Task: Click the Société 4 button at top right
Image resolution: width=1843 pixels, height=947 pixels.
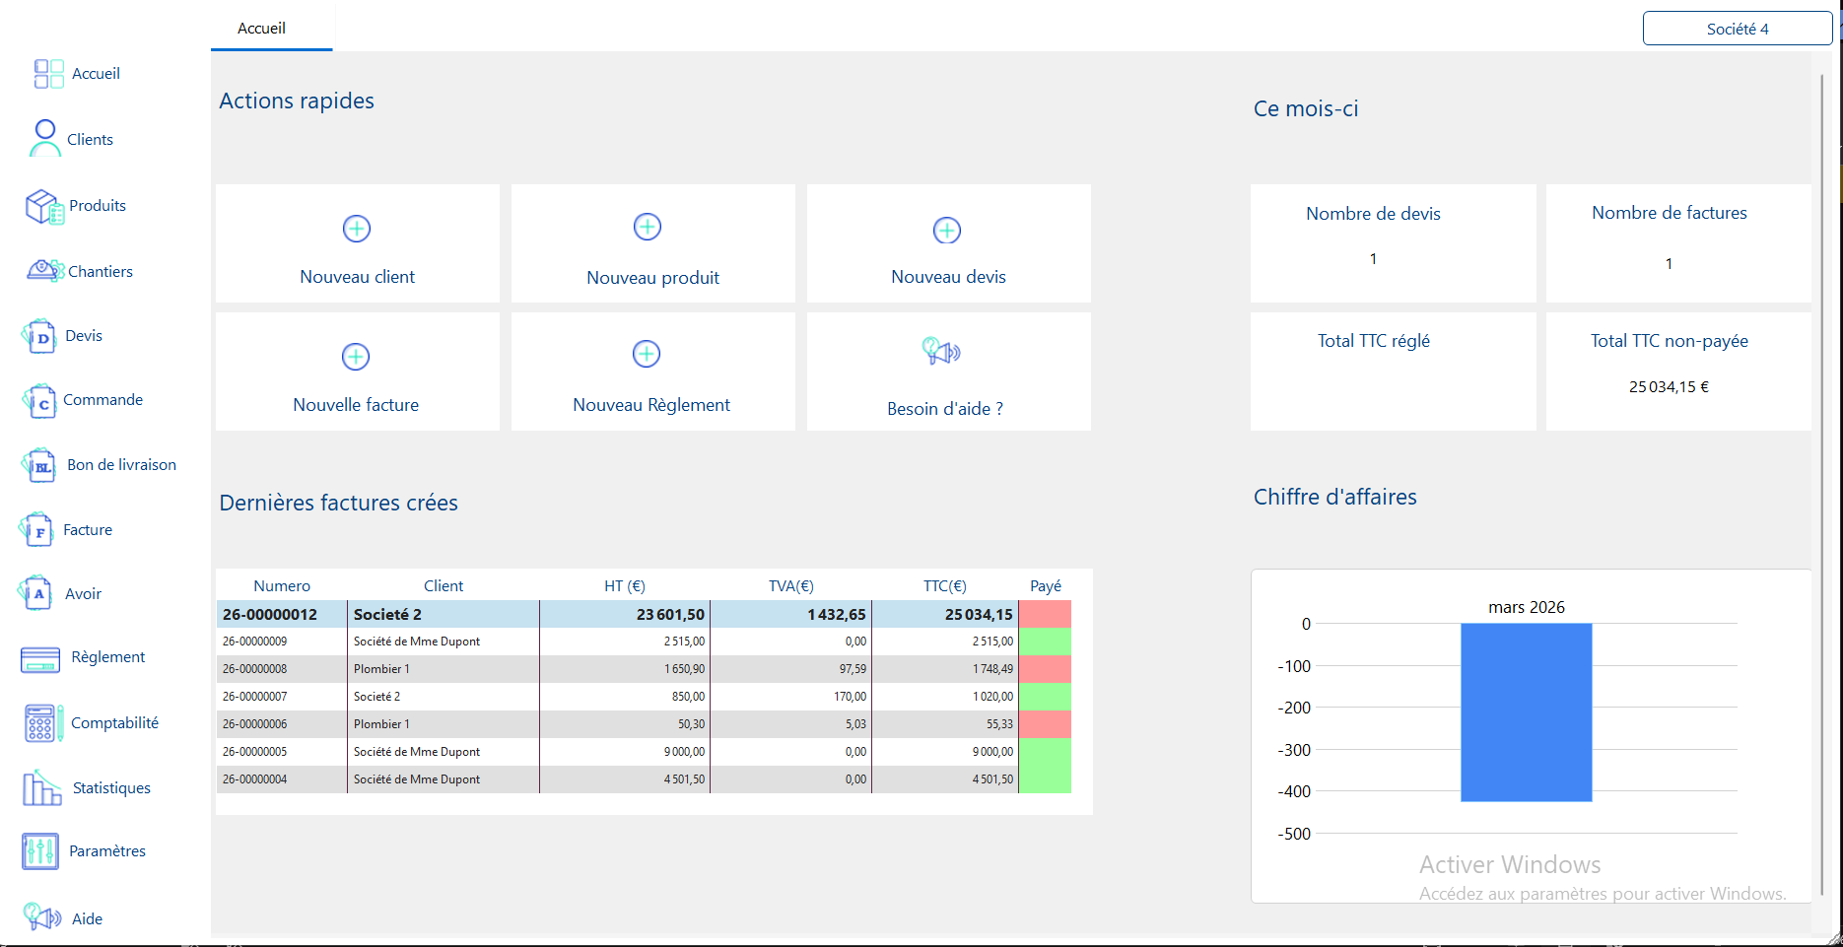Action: click(1738, 29)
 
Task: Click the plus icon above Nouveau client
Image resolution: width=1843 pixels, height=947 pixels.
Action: click(357, 229)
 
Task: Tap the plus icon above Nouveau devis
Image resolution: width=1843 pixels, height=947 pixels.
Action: click(947, 231)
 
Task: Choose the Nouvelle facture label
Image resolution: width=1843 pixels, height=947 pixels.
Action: click(356, 405)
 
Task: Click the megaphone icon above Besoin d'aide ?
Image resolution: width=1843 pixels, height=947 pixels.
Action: click(941, 351)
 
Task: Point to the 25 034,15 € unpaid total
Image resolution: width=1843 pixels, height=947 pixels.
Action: click(1669, 386)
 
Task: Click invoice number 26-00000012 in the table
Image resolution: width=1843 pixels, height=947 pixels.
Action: click(270, 614)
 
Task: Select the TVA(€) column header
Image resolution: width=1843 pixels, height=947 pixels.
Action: click(791, 585)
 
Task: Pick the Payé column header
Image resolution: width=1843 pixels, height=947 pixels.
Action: click(1046, 585)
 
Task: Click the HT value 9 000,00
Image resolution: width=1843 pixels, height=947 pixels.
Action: click(684, 752)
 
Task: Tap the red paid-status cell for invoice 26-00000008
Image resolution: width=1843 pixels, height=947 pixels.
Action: click(1045, 669)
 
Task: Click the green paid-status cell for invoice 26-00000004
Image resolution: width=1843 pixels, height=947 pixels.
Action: click(1045, 779)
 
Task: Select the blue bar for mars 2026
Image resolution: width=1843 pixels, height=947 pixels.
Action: click(1526, 712)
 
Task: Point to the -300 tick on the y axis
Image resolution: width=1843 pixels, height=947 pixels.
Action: click(1294, 750)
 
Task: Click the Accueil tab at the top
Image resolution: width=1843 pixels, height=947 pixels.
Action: click(261, 28)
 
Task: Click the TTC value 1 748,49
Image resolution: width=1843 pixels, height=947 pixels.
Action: click(993, 669)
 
